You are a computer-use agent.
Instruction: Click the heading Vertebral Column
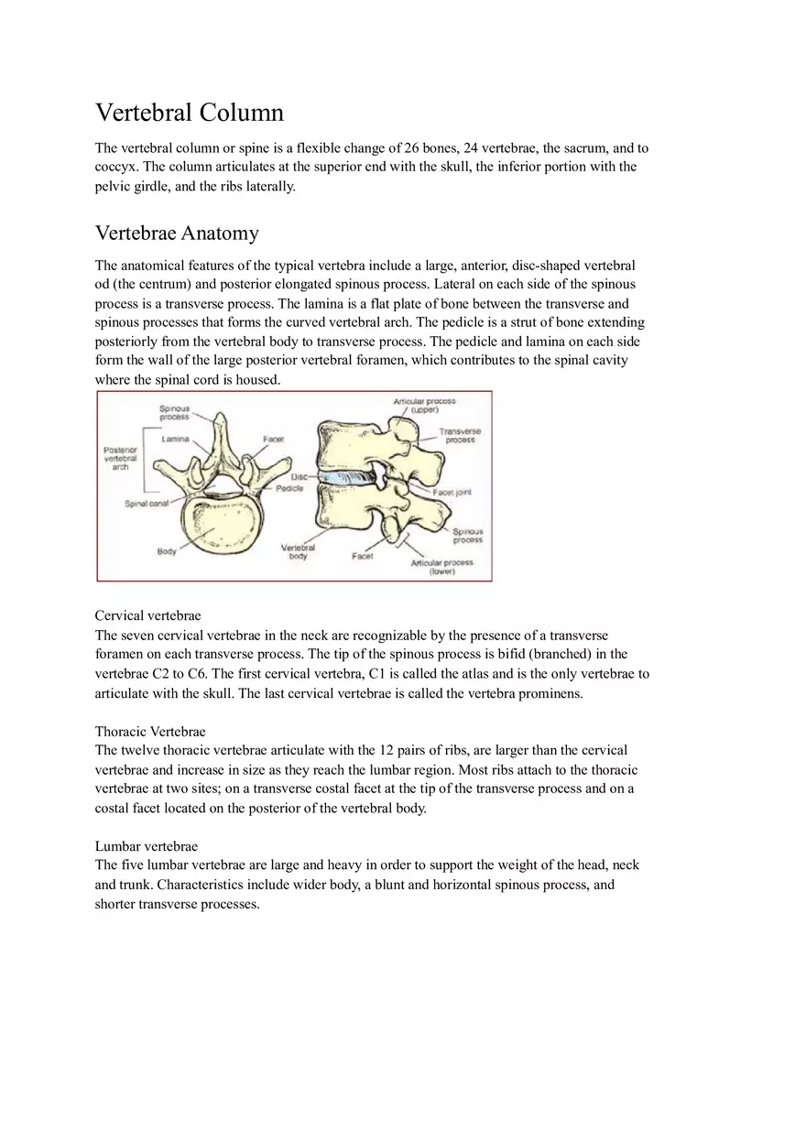pos(190,113)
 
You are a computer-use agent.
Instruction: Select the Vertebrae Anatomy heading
pos(177,233)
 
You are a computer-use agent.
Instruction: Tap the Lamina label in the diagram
pos(176,440)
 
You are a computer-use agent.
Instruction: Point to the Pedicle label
pos(289,488)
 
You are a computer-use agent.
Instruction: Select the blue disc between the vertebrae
pos(349,479)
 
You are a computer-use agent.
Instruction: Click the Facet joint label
pos(452,493)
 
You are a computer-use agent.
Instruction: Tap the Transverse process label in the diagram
pos(460,435)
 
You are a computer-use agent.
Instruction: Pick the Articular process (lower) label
pos(442,567)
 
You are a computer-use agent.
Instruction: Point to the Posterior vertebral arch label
pos(120,458)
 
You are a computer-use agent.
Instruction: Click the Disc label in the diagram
pos(299,477)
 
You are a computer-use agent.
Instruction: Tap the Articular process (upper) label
pos(424,406)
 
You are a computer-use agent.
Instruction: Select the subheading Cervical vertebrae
pos(147,615)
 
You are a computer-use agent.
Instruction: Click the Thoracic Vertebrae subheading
pos(150,731)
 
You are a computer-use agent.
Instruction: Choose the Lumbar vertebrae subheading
pos(147,846)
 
